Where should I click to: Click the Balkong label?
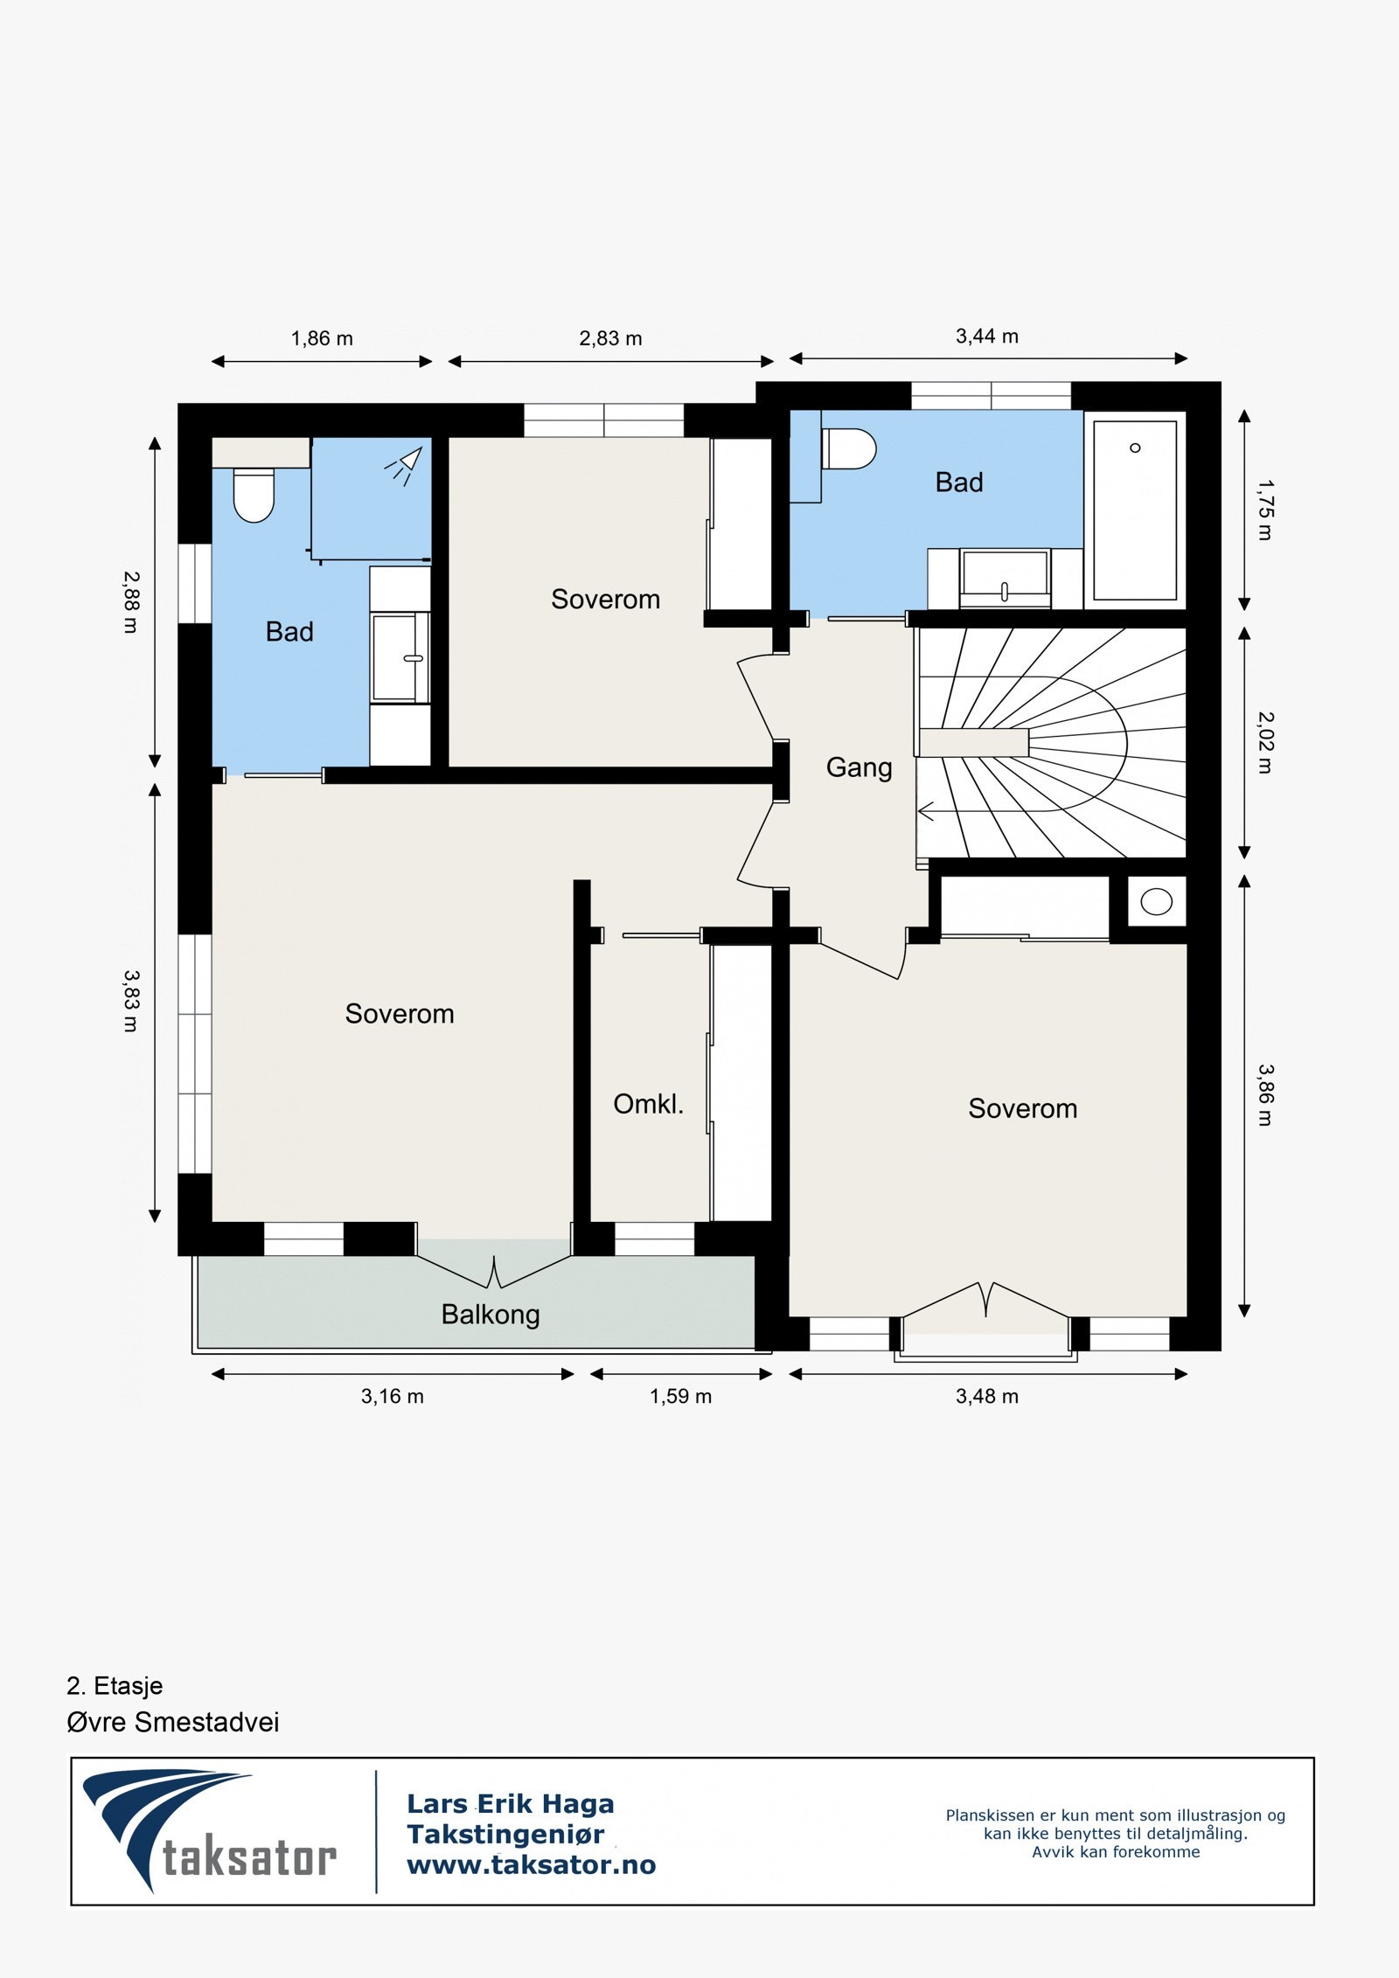pyautogui.click(x=491, y=1315)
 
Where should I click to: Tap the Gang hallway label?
pyautogui.click(x=859, y=767)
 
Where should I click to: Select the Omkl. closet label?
pyautogui.click(x=648, y=1104)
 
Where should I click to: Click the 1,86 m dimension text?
pyautogui.click(x=322, y=339)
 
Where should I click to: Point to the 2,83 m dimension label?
pyautogui.click(x=610, y=339)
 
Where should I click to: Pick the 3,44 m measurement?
pyautogui.click(x=987, y=337)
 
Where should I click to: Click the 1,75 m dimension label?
pyautogui.click(x=1265, y=510)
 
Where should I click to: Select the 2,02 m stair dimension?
pyautogui.click(x=1265, y=743)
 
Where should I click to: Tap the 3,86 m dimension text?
pyautogui.click(x=1265, y=1095)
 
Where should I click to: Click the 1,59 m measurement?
pyautogui.click(x=680, y=1397)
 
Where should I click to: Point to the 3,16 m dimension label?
pyautogui.click(x=393, y=1397)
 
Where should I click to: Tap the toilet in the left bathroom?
pyautogui.click(x=254, y=496)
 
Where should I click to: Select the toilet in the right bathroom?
pyautogui.click(x=849, y=448)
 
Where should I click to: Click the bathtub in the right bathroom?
pyautogui.click(x=1135, y=510)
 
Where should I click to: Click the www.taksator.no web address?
pyautogui.click(x=532, y=1865)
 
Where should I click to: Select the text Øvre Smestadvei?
pyautogui.click(x=173, y=1723)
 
